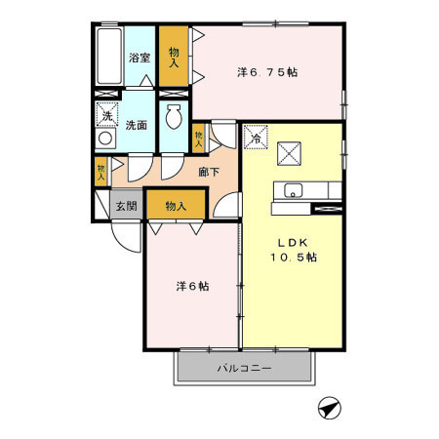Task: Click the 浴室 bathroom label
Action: pyautogui.click(x=140, y=58)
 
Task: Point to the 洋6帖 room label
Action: pyautogui.click(x=191, y=287)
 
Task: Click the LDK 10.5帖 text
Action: pyautogui.click(x=293, y=250)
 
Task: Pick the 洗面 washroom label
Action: pyautogui.click(x=137, y=125)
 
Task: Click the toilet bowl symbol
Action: pyautogui.click(x=174, y=120)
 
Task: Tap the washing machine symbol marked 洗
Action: pyautogui.click(x=106, y=114)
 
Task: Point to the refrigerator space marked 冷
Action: pyautogui.click(x=256, y=138)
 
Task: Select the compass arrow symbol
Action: pyautogui.click(x=330, y=410)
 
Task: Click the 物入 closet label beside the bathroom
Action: pyautogui.click(x=173, y=57)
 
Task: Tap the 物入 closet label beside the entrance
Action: pyautogui.click(x=176, y=206)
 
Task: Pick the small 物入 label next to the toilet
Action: pyautogui.click(x=199, y=140)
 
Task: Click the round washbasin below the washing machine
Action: pyautogui.click(x=104, y=140)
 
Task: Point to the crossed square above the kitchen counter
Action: pyautogui.click(x=289, y=153)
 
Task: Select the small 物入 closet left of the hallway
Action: pyautogui.click(x=101, y=173)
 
